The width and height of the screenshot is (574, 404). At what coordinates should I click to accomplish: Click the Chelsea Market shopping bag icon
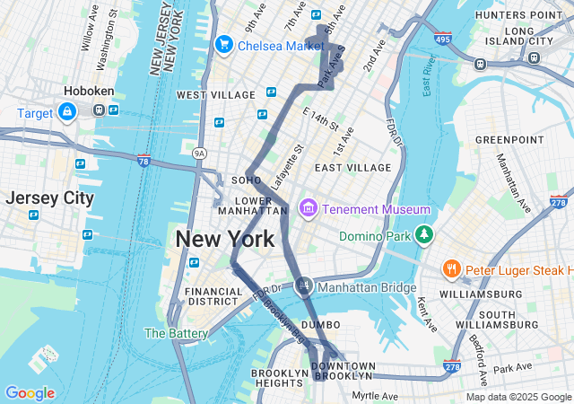(223, 44)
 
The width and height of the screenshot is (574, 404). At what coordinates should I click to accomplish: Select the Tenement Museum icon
(309, 209)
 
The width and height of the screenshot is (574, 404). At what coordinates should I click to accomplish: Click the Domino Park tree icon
(423, 236)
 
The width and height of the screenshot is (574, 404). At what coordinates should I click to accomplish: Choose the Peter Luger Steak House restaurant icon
(451, 269)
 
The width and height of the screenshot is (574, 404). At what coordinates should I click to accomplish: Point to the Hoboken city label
(87, 91)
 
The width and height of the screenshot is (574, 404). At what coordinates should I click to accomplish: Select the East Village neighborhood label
(352, 168)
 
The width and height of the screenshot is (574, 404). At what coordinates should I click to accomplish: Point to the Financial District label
(213, 297)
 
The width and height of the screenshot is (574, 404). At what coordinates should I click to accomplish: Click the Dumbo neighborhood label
(320, 324)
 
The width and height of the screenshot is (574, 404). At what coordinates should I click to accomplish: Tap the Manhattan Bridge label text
(367, 287)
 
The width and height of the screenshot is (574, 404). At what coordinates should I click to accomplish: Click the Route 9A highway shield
(199, 154)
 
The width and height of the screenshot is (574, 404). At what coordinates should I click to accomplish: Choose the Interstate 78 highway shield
(143, 161)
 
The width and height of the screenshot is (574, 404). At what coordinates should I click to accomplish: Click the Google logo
(30, 393)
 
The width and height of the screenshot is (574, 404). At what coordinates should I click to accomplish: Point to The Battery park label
(177, 333)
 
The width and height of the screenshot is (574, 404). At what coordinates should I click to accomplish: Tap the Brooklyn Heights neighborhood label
(280, 379)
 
